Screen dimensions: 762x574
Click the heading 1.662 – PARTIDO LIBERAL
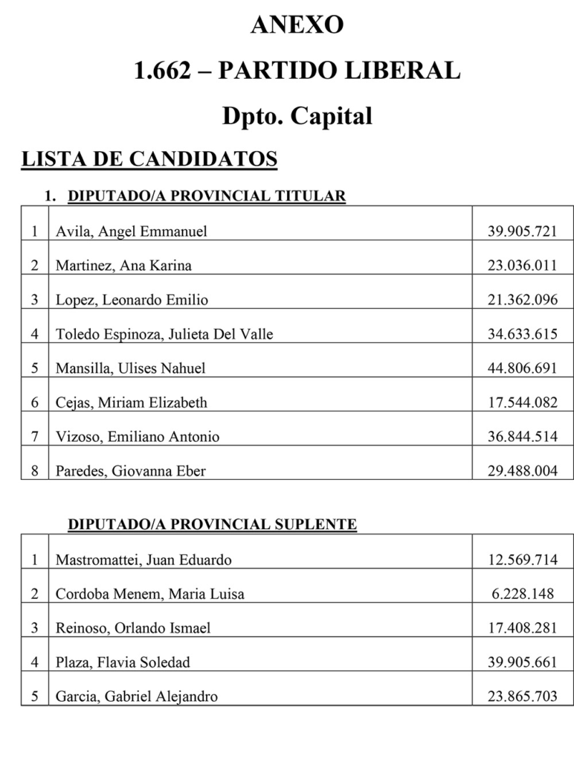point(297,71)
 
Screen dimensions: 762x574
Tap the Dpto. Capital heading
point(297,116)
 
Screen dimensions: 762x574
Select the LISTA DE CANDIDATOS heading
point(149,159)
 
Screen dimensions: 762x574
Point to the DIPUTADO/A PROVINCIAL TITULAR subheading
point(207,196)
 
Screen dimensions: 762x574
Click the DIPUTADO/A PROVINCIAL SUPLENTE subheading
point(212,525)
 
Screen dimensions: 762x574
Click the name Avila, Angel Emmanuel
point(132,231)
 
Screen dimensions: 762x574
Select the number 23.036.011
point(522,266)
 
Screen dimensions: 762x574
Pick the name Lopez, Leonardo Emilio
point(132,300)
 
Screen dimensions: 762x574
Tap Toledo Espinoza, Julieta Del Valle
point(164,334)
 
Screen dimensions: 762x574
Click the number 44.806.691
point(522,368)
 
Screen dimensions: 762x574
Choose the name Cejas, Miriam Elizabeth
point(132,403)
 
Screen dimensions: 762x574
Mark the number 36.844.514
point(522,437)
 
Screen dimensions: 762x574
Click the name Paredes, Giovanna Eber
point(131,471)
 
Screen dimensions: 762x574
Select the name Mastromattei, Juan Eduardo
point(143,560)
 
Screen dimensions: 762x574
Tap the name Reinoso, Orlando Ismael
point(133,628)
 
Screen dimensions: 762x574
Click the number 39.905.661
point(522,662)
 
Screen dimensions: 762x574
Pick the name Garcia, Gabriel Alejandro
point(137,697)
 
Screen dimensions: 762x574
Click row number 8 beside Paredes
point(34,471)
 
